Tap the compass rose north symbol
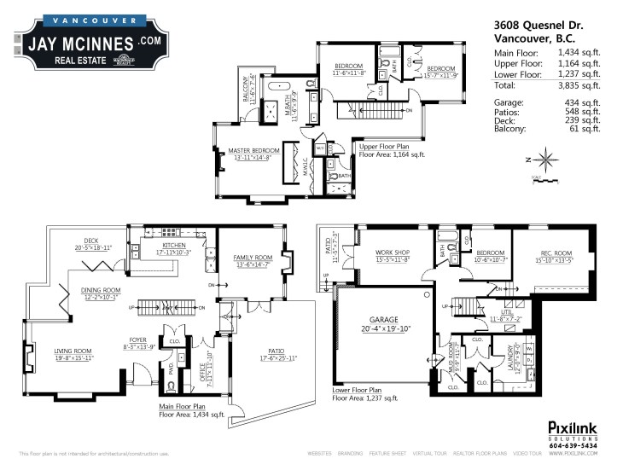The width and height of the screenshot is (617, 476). (548, 159)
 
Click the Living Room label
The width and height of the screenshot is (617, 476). (73, 351)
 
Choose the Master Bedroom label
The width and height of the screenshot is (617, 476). (253, 152)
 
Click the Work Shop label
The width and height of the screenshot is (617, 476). (392, 253)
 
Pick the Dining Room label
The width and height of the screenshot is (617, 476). (101, 291)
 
